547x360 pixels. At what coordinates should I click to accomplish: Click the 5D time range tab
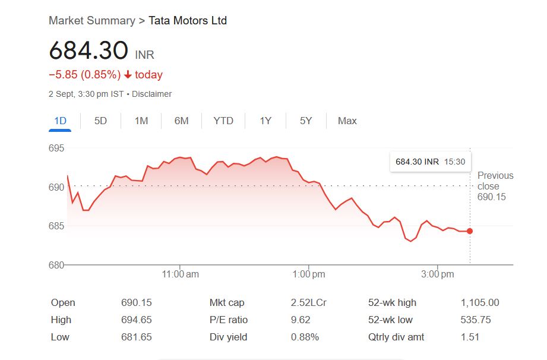pos(100,121)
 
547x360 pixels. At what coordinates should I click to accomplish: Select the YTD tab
pos(223,121)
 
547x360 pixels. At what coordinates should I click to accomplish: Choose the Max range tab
pos(347,121)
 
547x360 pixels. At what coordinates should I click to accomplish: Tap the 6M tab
pos(181,121)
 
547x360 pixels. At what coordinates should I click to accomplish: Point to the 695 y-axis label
pos(56,148)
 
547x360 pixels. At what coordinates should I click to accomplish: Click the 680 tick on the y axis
pos(56,264)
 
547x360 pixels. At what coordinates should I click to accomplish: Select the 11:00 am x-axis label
pos(181,274)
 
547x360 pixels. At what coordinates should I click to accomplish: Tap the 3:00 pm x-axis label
pos(438,274)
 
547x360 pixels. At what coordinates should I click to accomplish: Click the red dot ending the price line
pos(470,231)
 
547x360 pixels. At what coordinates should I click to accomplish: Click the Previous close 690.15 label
pos(495,186)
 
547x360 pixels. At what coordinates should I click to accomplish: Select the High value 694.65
pos(137,320)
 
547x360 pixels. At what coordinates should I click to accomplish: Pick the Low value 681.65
pos(137,337)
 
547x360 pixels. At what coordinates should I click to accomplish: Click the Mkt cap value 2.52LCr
pos(308,302)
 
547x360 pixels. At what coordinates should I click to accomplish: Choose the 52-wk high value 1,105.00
pos(480,302)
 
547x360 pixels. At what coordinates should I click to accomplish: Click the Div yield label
pos(228,337)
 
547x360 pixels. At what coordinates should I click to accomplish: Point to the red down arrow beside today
pos(128,75)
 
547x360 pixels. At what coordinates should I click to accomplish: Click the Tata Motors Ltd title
pos(188,21)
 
